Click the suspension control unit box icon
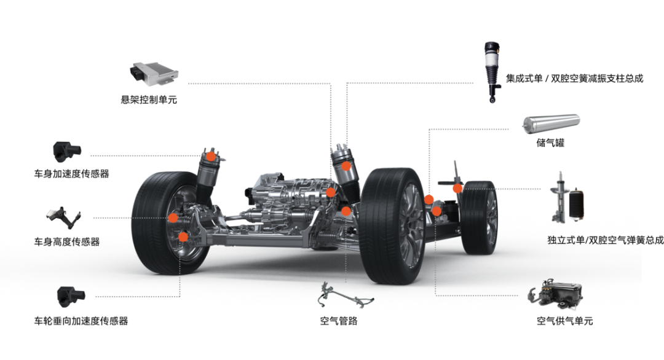pos(154,74)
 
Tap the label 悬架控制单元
pos(149,100)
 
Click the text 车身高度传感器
pos(67,241)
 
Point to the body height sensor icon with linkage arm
pos(63,217)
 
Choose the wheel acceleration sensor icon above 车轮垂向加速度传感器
pos(71,296)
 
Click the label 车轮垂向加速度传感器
pos(81,321)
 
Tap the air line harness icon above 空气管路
pos(345,295)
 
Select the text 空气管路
pos(339,321)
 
